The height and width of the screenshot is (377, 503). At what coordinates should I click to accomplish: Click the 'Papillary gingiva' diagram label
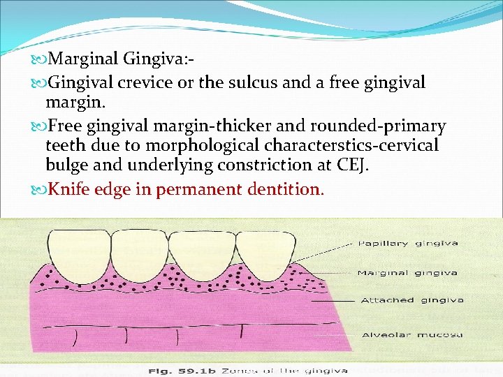(x=407, y=244)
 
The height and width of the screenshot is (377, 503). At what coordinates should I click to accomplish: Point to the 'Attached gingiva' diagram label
(x=411, y=300)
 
